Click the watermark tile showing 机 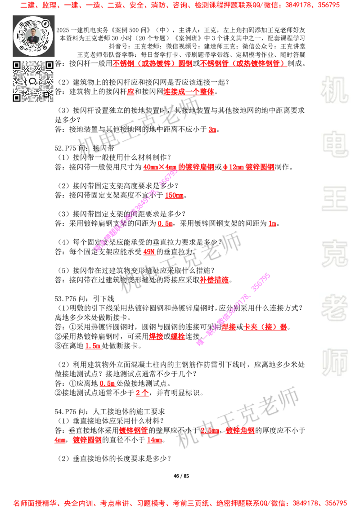[334, 90]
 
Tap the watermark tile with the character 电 [336, 144]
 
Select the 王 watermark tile [334, 200]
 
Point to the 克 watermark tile [334, 254]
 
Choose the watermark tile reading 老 [334, 308]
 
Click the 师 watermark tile [334, 363]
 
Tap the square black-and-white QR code [34, 81]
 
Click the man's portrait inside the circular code [33, 36]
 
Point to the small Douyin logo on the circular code [45, 23]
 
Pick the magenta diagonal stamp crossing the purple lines [233, 309]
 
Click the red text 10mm [174, 196]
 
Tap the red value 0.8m [165, 224]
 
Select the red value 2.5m [93, 346]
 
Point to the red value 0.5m [107, 384]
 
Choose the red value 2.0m [210, 431]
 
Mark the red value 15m [154, 440]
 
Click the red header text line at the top [180, 5]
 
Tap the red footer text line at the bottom [180, 503]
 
